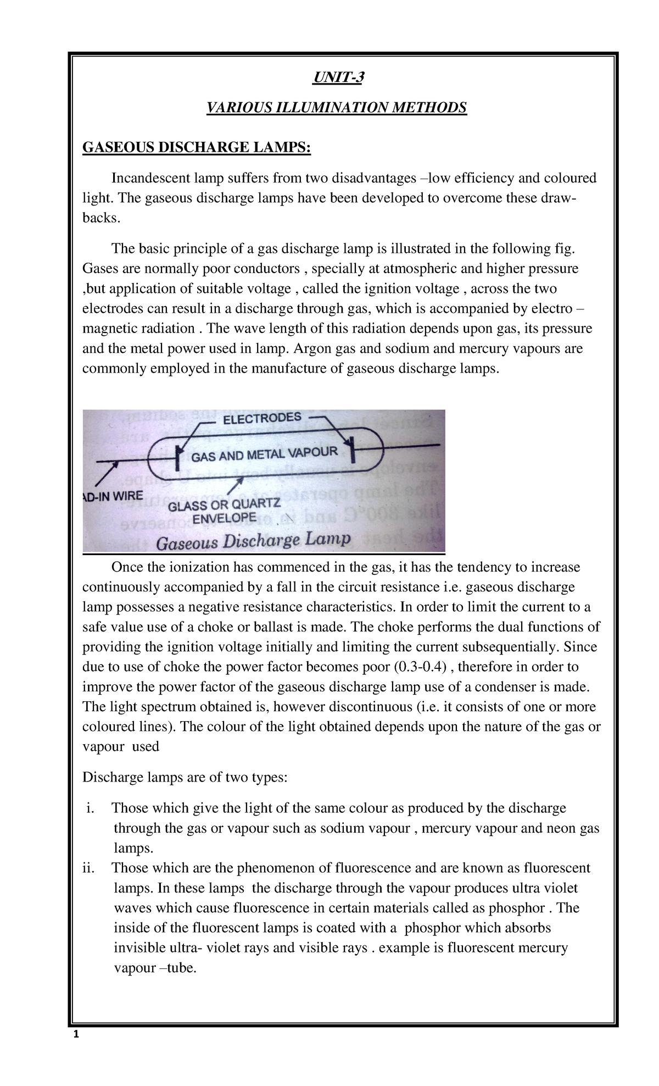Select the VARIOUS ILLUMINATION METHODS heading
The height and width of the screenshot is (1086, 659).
point(336,107)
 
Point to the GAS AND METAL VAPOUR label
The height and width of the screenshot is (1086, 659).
point(264,455)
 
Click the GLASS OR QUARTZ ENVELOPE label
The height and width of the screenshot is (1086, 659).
point(224,511)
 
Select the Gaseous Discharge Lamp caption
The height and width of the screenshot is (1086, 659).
point(254,541)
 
